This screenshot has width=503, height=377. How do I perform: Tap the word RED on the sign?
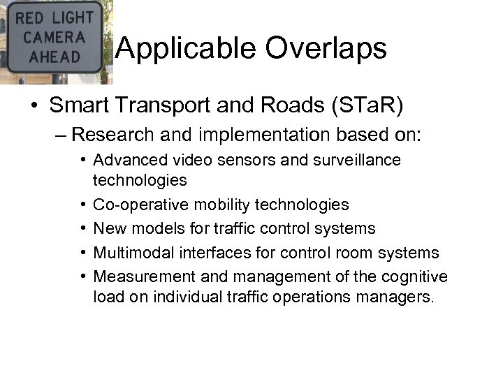(29, 17)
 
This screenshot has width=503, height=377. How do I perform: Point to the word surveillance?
(360, 160)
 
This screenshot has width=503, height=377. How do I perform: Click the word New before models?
(108, 228)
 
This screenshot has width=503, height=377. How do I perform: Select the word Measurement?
(135, 276)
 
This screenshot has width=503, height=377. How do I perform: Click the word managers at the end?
(398, 297)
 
